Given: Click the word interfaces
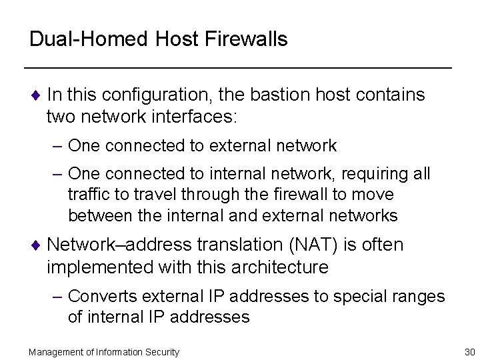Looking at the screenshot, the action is coord(198,118).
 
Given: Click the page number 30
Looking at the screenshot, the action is coord(468,352).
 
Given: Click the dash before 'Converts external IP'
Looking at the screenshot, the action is coord(59,295).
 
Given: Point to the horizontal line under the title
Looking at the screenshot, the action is coord(237,69).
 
